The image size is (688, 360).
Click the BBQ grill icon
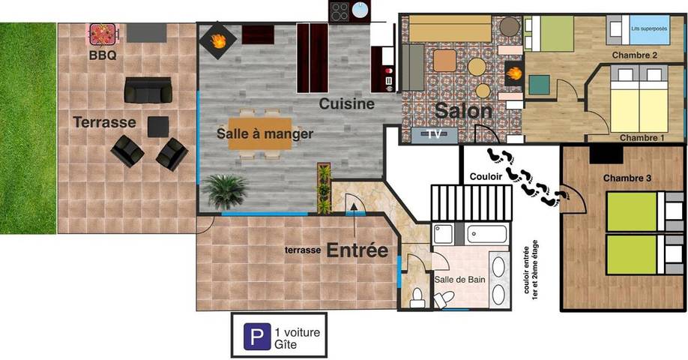pos(102,34)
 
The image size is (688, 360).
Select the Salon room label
pos(465,111)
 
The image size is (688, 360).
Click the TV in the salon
pos(434,134)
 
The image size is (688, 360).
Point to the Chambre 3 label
pos(627,178)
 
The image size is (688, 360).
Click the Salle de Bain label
pos(460,280)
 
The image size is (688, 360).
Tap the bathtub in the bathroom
pos(489,234)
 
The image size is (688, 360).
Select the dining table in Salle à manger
pos(259,134)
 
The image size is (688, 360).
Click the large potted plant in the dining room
pos(225,190)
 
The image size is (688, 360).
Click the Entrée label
pos(357,250)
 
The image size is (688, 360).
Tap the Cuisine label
pos(346,104)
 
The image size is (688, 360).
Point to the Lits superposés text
pos(649,28)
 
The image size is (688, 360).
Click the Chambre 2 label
pos(634,55)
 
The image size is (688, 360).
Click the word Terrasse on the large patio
pos(104,121)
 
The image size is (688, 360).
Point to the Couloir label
pos(486,177)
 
